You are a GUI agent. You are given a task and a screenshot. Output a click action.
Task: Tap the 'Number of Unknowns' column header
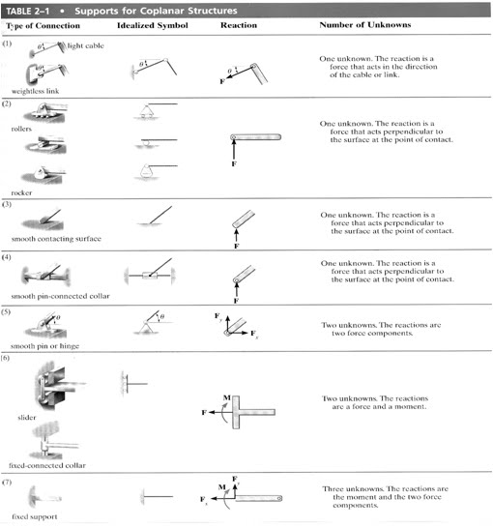pyautogui.click(x=362, y=22)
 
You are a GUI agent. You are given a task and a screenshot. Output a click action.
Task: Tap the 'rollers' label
pyautogui.click(x=22, y=128)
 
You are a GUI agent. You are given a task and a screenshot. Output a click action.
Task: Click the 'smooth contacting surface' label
pyautogui.click(x=51, y=238)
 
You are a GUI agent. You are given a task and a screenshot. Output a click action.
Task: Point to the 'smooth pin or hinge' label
pyautogui.click(x=43, y=344)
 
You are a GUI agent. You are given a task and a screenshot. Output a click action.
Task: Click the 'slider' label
pyautogui.click(x=26, y=417)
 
